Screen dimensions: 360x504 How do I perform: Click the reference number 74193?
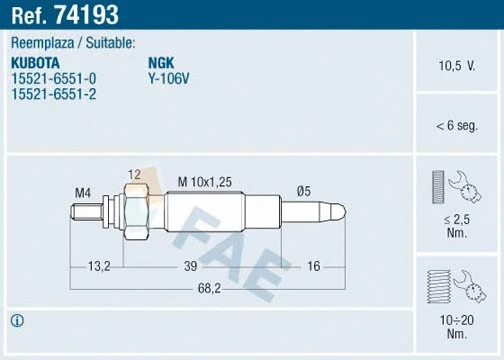90,15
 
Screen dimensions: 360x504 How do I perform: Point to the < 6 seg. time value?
456,126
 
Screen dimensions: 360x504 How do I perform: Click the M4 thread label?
83,191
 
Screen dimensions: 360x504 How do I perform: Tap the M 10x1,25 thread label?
204,180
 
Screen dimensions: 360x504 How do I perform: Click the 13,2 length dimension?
99,267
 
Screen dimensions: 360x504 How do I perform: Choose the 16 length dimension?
313,267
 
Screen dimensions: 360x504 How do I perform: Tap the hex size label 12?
135,174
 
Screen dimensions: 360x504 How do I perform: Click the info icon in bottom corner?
16,321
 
